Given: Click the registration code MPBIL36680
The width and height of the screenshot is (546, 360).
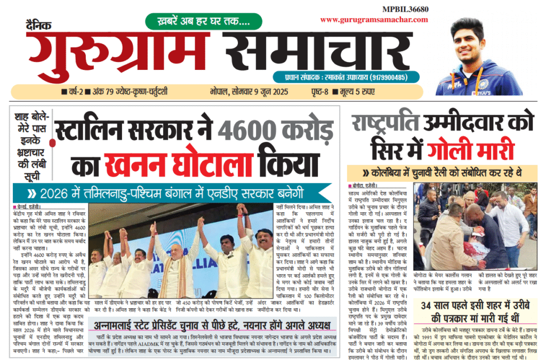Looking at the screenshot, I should pos(405,9).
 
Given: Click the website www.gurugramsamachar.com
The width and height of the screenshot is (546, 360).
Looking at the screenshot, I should pos(374,20).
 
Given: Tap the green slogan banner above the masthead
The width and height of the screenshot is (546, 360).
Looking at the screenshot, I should pos(203,21).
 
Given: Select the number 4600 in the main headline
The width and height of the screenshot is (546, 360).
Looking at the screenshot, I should pos(243,131).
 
